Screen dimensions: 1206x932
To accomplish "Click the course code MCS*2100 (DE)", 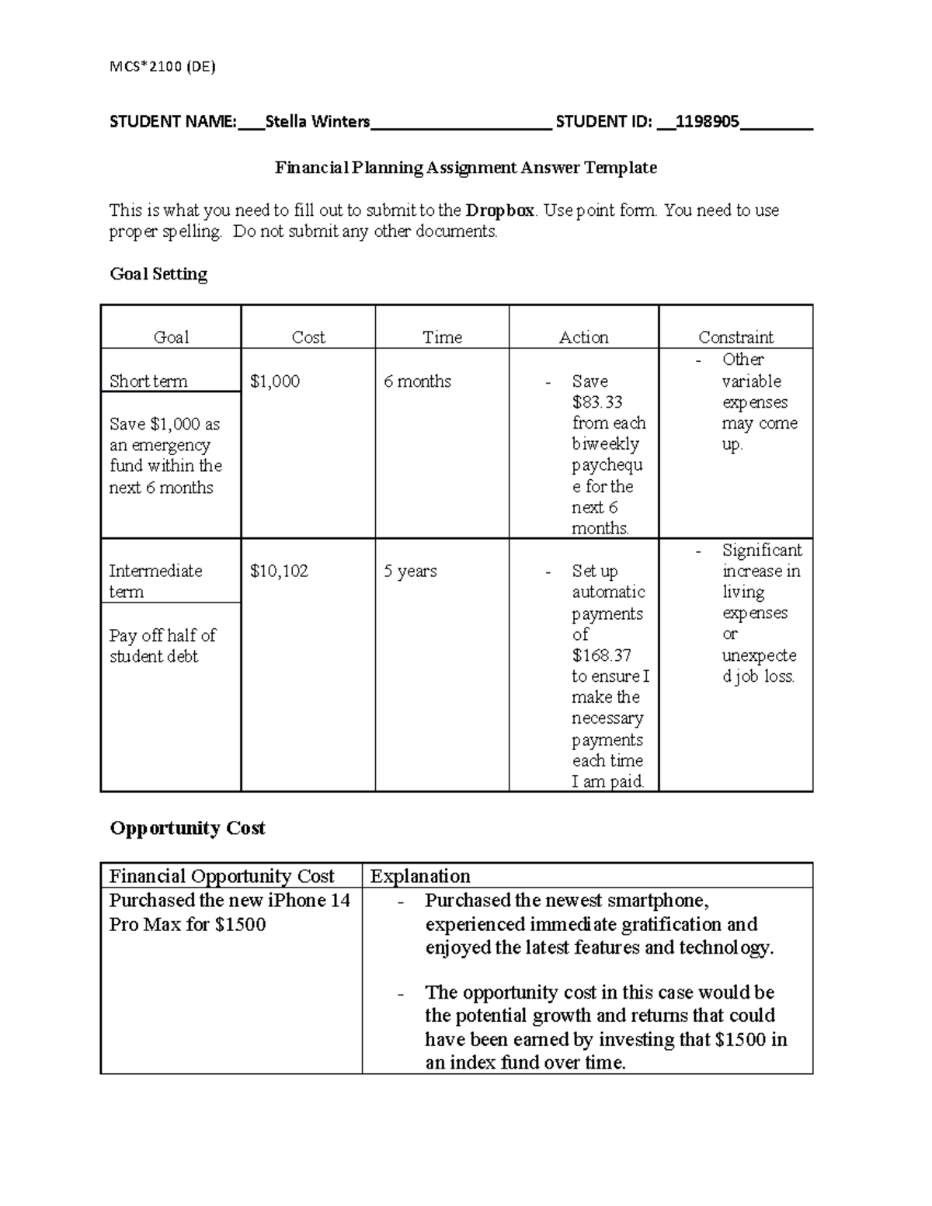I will (162, 67).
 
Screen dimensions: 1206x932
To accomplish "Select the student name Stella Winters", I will (317, 122).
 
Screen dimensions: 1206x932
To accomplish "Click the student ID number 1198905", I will (707, 122).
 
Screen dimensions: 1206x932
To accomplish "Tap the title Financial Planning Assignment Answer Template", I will (466, 168).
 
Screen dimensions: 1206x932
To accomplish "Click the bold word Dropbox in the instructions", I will (499, 210).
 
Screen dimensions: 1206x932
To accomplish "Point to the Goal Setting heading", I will (158, 274).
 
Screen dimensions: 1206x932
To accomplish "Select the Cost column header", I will (308, 337).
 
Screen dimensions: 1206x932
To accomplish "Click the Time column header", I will (442, 337).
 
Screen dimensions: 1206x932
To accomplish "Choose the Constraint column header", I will (736, 337).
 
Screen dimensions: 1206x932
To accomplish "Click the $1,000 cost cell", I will (275, 381).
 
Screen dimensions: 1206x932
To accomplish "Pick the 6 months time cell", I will (417, 381).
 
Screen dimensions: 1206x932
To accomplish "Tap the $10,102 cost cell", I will (279, 572).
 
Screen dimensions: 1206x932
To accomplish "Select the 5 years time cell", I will (410, 572).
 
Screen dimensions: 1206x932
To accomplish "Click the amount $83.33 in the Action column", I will (597, 402).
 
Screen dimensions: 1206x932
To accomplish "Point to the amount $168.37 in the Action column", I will (601, 655).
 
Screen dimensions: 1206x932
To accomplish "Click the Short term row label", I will (148, 381).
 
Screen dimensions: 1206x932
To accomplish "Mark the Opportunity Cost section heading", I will (187, 829).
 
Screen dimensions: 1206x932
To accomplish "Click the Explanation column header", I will (420, 877).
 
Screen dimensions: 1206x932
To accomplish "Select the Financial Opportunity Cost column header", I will (221, 877).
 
